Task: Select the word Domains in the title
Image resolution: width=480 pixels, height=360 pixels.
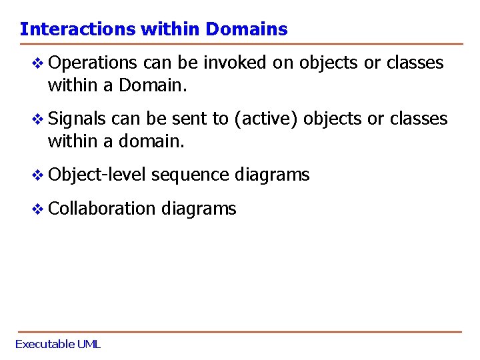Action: pyautogui.click(x=247, y=29)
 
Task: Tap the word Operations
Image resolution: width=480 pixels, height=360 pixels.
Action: pyautogui.click(x=92, y=63)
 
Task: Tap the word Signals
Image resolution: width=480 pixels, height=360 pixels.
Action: pyautogui.click(x=77, y=119)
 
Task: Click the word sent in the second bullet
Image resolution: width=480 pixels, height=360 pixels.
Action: pyautogui.click(x=189, y=119)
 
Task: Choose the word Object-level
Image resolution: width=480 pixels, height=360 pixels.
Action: pyautogui.click(x=97, y=175)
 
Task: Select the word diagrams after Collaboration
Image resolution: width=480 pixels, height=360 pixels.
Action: pyautogui.click(x=198, y=209)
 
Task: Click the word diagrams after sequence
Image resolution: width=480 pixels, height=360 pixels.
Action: pyautogui.click(x=272, y=175)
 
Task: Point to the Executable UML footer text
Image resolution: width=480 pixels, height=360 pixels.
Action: pyautogui.click(x=57, y=345)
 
